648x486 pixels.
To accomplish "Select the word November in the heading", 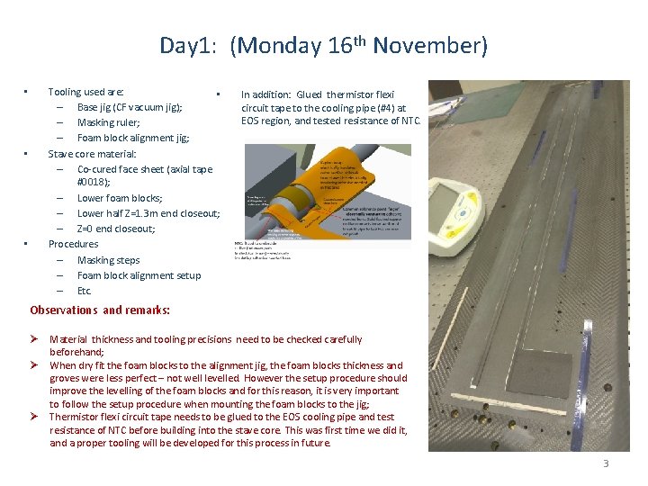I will click(x=427, y=46).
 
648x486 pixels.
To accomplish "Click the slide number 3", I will click(x=606, y=463).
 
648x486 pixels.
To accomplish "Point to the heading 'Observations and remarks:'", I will click(x=99, y=310).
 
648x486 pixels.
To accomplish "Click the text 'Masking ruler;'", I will click(x=108, y=122).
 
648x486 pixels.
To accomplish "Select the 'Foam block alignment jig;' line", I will click(x=133, y=138).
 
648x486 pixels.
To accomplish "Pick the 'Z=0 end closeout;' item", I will click(x=116, y=229).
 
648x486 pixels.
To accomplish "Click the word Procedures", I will click(x=73, y=244).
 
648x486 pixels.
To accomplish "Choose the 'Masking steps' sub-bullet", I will click(x=108, y=260).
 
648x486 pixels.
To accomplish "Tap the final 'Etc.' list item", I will click(x=85, y=291).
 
